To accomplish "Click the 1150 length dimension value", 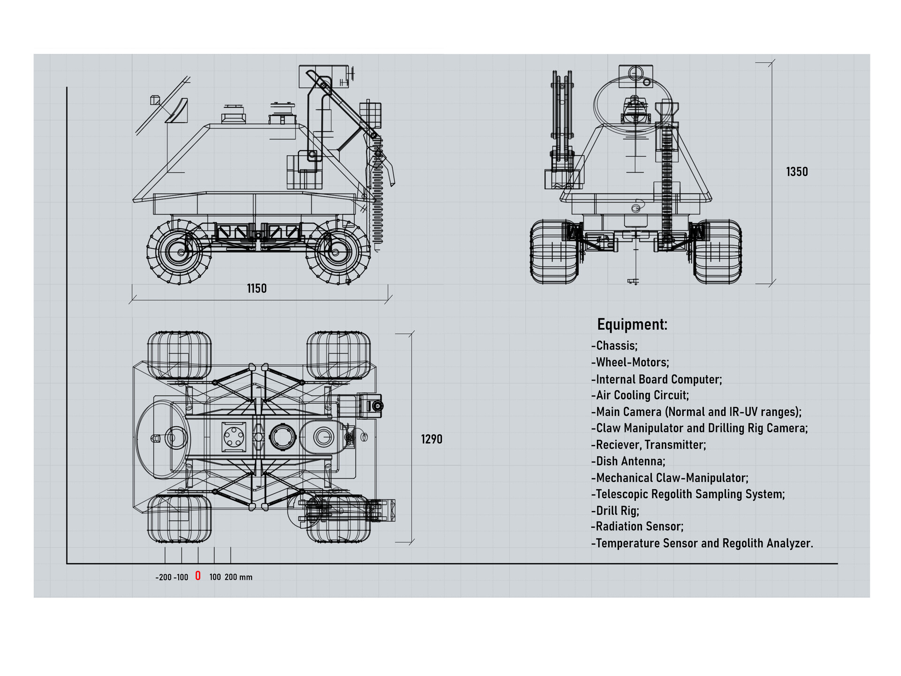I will pos(257,288).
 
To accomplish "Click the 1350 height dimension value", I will pos(797,172).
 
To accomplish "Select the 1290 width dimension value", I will pos(431,439).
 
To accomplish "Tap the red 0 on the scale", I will pos(198,576).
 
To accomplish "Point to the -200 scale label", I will pos(163,577).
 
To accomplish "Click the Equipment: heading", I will pos(632,324).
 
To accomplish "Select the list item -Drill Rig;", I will pos(615,511).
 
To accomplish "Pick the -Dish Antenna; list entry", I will pos(628,461).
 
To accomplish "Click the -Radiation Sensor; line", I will pos(637,527).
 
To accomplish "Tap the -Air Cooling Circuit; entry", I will pos(640,395).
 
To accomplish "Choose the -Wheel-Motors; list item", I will pos(630,362).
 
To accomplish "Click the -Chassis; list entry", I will pos(614,346).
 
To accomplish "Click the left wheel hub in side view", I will pos(180,253).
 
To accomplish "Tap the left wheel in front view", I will pos(554,252).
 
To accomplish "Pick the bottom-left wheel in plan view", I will pos(179,519).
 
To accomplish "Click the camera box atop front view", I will pos(636,76).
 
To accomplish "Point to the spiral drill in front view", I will pos(666,188).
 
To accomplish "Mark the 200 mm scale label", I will pos(238,577).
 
